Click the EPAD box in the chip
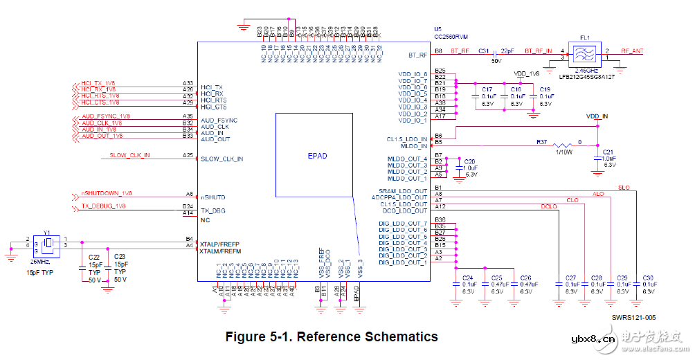[x=317, y=156]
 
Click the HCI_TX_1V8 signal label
[x=99, y=84]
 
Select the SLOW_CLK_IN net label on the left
[x=129, y=155]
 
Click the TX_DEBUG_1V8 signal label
[x=103, y=206]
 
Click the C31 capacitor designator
[x=484, y=51]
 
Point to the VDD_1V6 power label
[x=526, y=73]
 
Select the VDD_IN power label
[x=597, y=116]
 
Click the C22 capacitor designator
[x=93, y=256]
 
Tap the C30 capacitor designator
[x=648, y=277]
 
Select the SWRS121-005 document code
[x=633, y=317]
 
